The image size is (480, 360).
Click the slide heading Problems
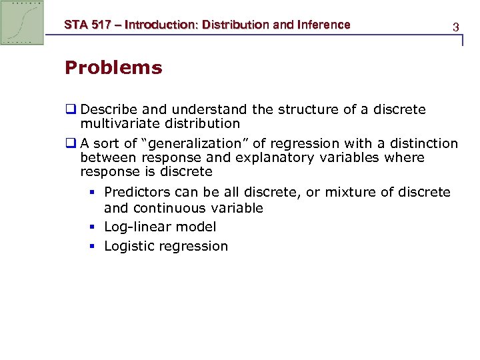(x=113, y=68)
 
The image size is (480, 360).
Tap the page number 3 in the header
(x=455, y=27)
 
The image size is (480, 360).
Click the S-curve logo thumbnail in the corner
(x=23, y=23)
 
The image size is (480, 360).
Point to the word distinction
(x=424, y=143)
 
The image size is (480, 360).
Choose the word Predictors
(x=135, y=193)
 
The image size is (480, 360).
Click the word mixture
(x=355, y=193)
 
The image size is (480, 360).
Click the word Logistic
(x=129, y=246)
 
